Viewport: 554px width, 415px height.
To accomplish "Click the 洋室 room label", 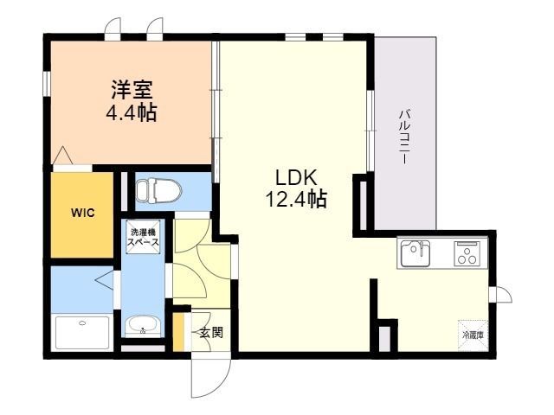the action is point(132,90).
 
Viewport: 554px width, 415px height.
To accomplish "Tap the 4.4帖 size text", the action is point(131,112).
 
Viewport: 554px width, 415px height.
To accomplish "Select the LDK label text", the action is point(296,177).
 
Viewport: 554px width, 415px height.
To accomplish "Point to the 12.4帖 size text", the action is point(296,199).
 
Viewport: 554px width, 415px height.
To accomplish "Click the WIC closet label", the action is point(82,213).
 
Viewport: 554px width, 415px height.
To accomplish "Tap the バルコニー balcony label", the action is point(404,137).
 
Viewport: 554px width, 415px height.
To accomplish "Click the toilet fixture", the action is point(158,190).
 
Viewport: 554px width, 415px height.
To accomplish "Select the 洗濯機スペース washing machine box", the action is point(143,237).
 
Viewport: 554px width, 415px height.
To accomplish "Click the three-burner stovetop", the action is point(467,253).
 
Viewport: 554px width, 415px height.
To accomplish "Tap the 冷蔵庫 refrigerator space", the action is point(473,335).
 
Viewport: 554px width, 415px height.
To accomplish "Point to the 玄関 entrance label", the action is point(211,332).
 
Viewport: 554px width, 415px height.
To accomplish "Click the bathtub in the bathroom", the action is point(82,333).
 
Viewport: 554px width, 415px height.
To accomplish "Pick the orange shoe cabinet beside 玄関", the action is point(178,332).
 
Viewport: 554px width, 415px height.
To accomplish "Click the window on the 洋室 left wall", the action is point(47,84).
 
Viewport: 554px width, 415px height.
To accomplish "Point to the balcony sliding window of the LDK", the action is point(370,131).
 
